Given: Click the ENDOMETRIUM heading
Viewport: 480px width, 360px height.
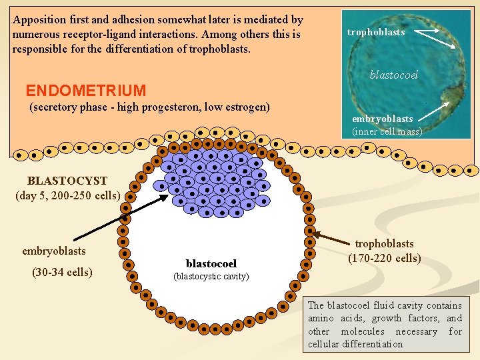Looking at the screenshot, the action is [x=85, y=91].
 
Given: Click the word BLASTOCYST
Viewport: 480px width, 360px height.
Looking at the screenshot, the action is [x=67, y=181].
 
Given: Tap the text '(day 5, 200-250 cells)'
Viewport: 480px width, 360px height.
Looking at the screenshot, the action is [x=67, y=195].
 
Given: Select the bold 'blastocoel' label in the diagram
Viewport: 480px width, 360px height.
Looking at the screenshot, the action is [x=211, y=264].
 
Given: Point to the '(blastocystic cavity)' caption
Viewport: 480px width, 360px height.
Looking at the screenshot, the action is [x=211, y=276].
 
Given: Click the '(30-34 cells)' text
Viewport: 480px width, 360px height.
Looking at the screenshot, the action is [x=62, y=272].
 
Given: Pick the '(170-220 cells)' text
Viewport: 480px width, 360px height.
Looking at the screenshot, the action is [x=384, y=259].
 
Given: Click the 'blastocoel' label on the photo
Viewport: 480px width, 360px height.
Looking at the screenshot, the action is [x=393, y=75].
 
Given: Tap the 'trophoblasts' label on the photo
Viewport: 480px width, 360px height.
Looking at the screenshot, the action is [x=376, y=32].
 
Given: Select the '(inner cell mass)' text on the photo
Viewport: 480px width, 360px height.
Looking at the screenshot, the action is [x=387, y=131].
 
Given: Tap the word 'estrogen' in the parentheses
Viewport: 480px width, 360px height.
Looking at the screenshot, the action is [x=246, y=107].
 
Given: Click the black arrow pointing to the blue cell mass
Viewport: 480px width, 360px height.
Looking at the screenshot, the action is [x=120, y=217].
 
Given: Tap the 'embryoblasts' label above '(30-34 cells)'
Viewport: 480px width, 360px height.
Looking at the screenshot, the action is [x=54, y=251].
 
